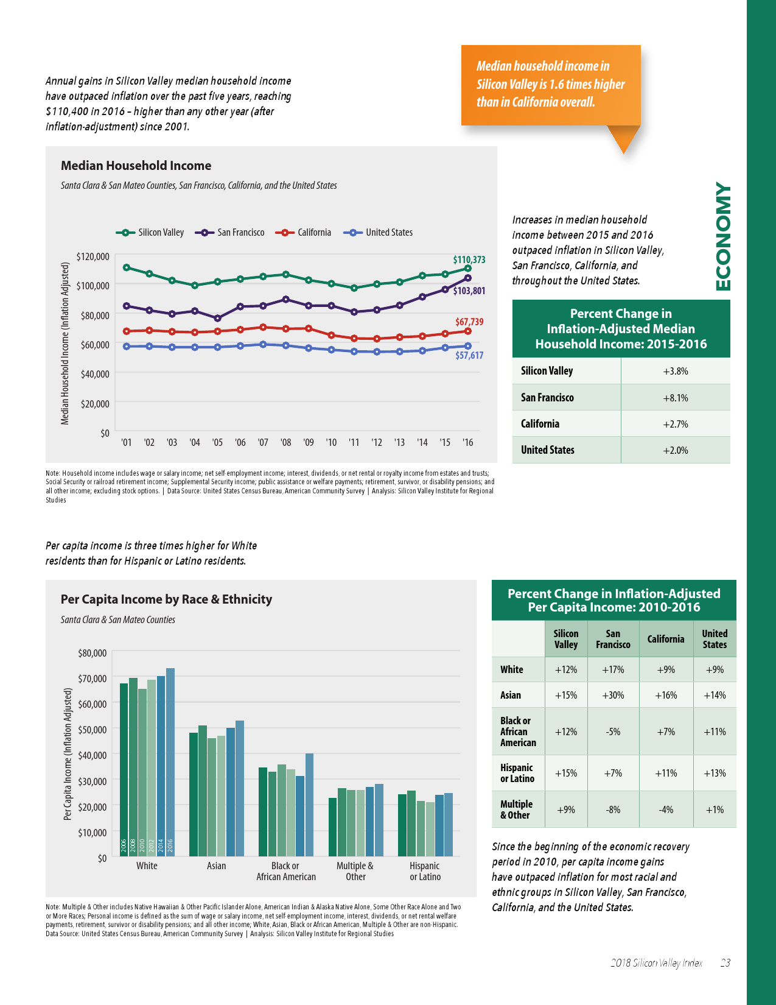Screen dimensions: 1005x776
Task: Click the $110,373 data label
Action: click(x=469, y=259)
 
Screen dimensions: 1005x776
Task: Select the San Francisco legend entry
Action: click(x=240, y=233)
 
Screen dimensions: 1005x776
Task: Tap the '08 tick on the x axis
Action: click(x=285, y=442)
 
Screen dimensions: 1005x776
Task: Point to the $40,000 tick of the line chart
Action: click(x=95, y=374)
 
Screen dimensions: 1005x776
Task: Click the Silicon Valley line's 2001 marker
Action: click(x=127, y=267)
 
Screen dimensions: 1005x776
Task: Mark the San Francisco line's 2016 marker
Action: click(x=468, y=278)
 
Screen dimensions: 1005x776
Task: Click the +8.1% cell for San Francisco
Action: click(x=675, y=398)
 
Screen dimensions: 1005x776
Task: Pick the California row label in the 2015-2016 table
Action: click(x=540, y=424)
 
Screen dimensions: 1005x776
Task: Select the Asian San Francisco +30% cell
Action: click(x=613, y=695)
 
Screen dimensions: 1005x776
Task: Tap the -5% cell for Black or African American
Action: click(x=613, y=732)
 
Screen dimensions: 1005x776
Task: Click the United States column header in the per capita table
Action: click(x=715, y=639)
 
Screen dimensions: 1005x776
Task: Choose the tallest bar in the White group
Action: click(x=170, y=761)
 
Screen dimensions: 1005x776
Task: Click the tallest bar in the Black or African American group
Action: click(x=309, y=804)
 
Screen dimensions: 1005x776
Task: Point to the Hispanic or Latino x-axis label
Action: click(x=425, y=871)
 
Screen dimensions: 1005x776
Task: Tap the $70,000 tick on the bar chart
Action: click(x=92, y=679)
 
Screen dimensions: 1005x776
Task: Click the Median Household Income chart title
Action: click(x=136, y=166)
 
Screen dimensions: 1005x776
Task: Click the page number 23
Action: click(x=725, y=963)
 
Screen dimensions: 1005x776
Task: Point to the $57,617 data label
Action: click(x=469, y=355)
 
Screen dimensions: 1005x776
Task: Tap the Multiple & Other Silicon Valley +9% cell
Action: click(x=566, y=809)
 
